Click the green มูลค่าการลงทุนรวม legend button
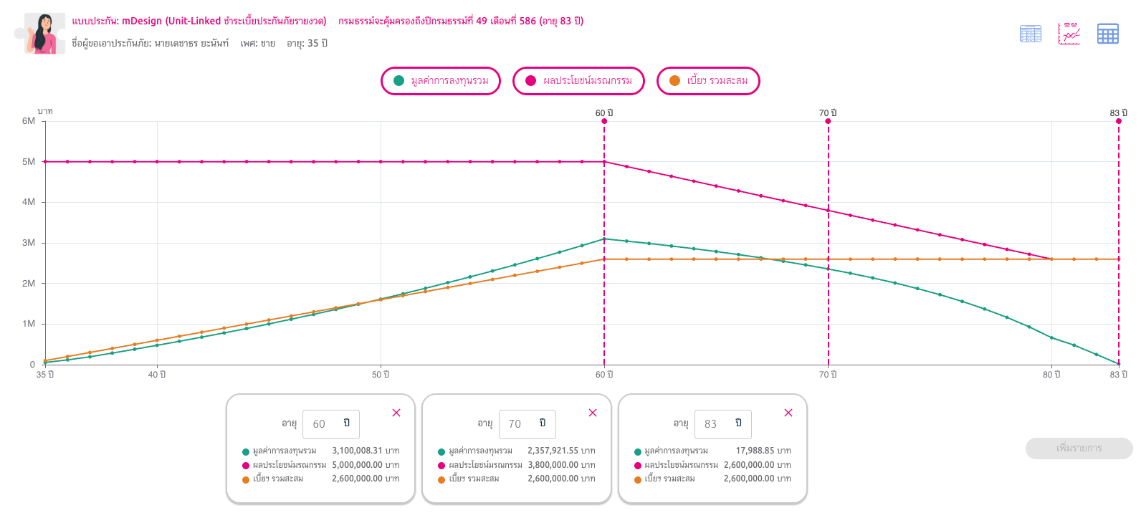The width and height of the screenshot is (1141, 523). click(x=441, y=81)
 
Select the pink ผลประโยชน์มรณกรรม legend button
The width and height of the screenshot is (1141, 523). click(x=578, y=81)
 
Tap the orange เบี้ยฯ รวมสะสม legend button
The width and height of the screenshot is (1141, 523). click(x=709, y=81)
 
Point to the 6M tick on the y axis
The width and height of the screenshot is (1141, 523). click(x=29, y=121)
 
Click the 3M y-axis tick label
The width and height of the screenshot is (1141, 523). click(x=29, y=243)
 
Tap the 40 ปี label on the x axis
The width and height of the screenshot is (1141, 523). click(x=157, y=375)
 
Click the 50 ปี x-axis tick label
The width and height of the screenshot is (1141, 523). click(x=381, y=375)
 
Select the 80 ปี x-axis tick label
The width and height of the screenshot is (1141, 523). click(x=1051, y=375)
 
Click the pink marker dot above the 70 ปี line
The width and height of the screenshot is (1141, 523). click(x=829, y=121)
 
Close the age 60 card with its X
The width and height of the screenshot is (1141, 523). click(x=396, y=413)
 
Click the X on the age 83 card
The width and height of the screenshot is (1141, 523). click(x=788, y=413)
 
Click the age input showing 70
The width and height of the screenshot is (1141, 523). click(x=527, y=424)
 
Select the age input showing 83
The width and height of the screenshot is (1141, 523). click(x=723, y=424)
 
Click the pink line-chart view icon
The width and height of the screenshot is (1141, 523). click(x=1069, y=34)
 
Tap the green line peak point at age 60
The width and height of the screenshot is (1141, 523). click(x=604, y=239)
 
